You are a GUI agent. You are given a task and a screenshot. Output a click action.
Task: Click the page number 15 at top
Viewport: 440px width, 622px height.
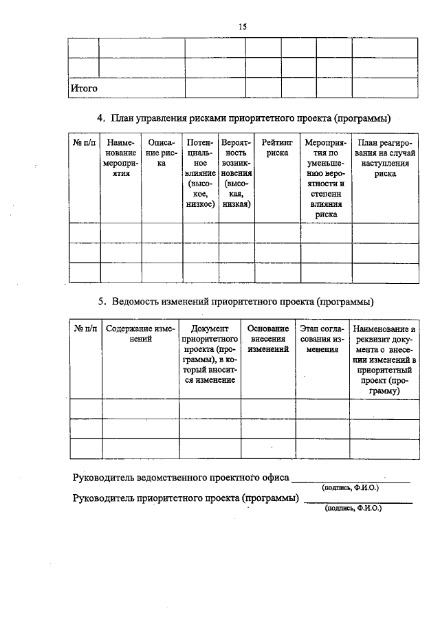point(242,26)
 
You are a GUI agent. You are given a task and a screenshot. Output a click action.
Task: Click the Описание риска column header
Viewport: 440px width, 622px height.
point(162,153)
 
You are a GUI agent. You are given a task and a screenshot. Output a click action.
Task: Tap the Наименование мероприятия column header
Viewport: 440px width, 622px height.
point(121,158)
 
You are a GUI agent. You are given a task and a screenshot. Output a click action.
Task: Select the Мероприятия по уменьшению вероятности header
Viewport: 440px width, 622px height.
point(326,178)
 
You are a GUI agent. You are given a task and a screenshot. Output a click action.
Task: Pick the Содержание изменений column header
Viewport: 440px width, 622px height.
point(140,334)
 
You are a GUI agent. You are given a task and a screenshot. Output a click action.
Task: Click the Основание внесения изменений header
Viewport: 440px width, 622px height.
point(267,339)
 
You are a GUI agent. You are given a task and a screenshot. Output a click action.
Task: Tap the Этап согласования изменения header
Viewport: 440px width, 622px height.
point(322,339)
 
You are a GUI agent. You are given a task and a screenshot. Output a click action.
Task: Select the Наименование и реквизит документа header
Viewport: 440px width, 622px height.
point(384,359)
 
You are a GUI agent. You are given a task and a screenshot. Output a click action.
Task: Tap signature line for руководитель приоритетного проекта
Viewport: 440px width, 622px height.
point(358,502)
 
